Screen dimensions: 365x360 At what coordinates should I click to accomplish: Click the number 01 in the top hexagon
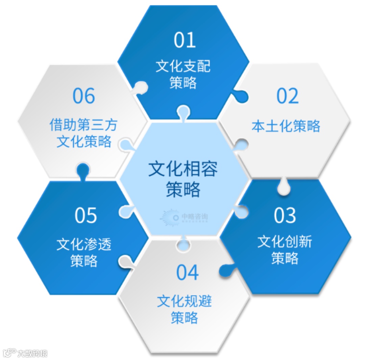[185, 40]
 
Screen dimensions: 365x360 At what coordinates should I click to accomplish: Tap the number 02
[288, 96]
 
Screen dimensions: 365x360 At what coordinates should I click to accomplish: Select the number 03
[285, 215]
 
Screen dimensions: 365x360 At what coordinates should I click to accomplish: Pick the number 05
[86, 215]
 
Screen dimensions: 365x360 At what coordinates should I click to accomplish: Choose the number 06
[84, 96]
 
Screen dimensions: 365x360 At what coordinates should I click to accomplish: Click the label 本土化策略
[286, 126]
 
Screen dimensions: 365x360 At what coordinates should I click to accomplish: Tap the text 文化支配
[183, 67]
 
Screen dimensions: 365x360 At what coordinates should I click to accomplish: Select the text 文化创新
[285, 242]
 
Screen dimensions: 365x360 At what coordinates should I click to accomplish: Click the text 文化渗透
[84, 244]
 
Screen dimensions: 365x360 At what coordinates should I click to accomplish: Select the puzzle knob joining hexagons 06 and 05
[82, 169]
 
